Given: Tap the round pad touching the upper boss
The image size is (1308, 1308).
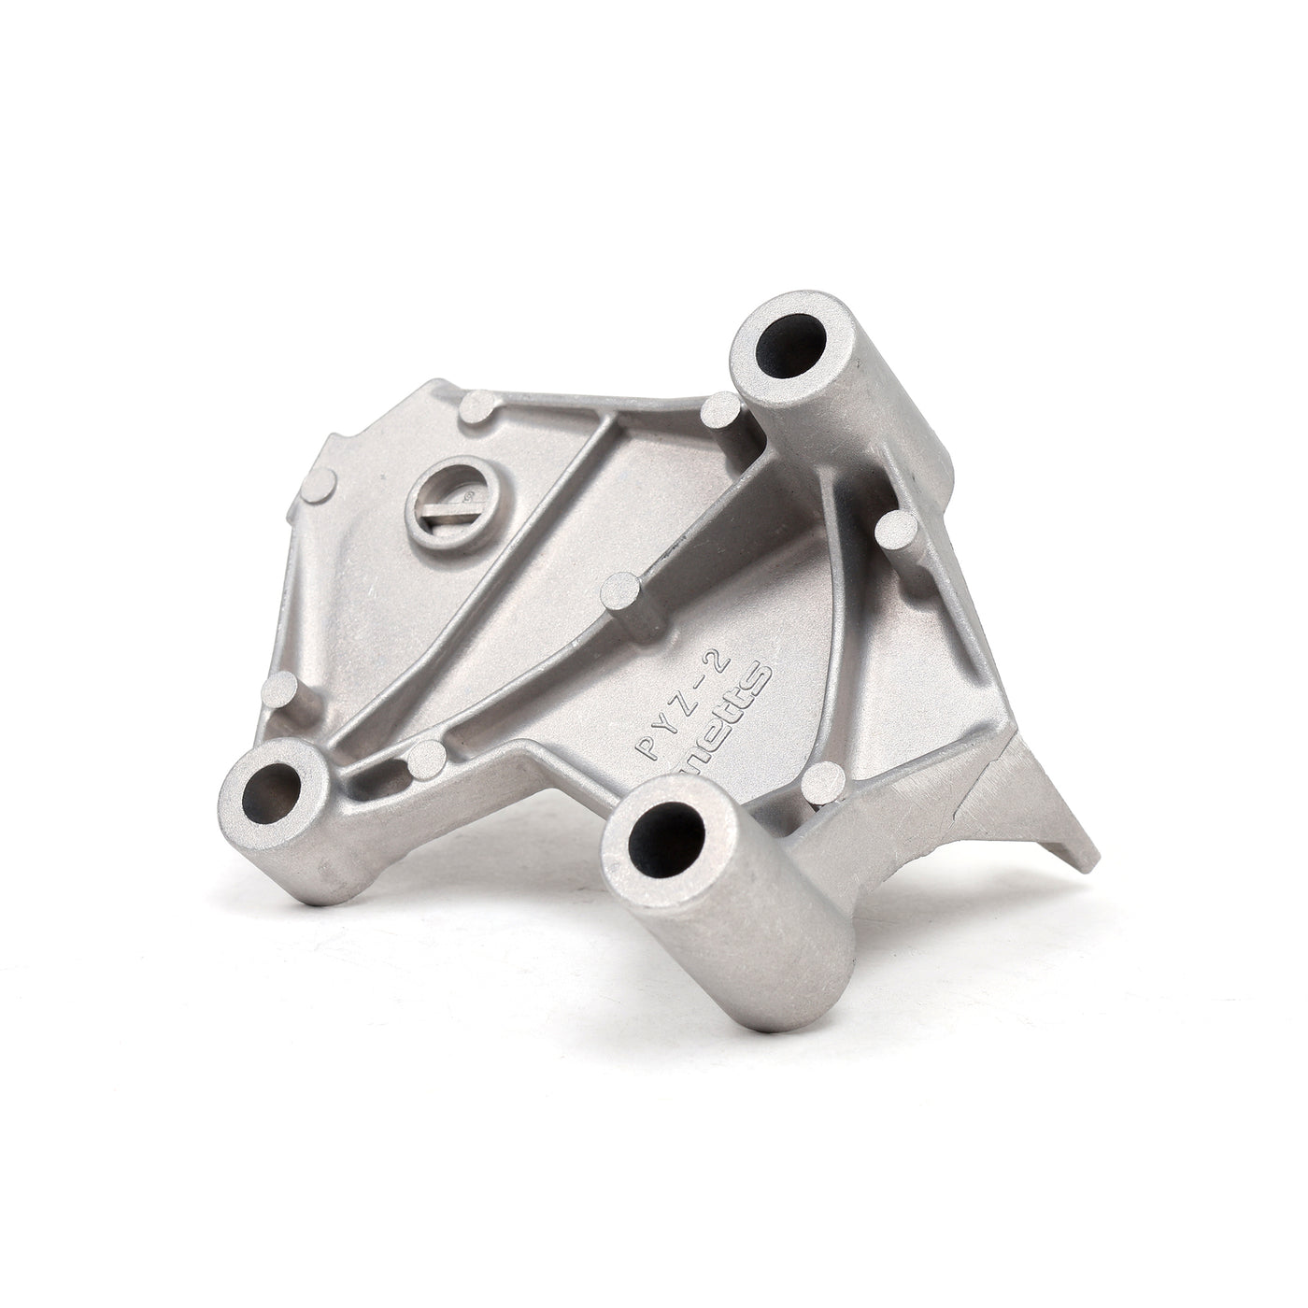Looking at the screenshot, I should (x=720, y=407).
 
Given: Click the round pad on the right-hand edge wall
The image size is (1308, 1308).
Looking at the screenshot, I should (x=898, y=531).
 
